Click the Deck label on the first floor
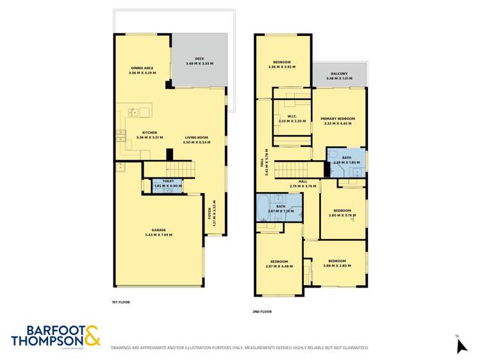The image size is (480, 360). click(199, 61)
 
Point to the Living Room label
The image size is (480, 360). click(197, 140)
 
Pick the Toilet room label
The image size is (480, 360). click(168, 184)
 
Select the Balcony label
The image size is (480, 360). click(340, 76)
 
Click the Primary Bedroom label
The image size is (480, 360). click(338, 121)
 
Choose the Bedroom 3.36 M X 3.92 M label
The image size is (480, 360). click(282, 64)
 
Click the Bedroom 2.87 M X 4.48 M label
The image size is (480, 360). click(279, 264)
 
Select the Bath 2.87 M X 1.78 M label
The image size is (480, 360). click(281, 208)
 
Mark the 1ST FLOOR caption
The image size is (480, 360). click(121, 300)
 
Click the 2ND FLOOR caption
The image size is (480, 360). click(262, 311)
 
